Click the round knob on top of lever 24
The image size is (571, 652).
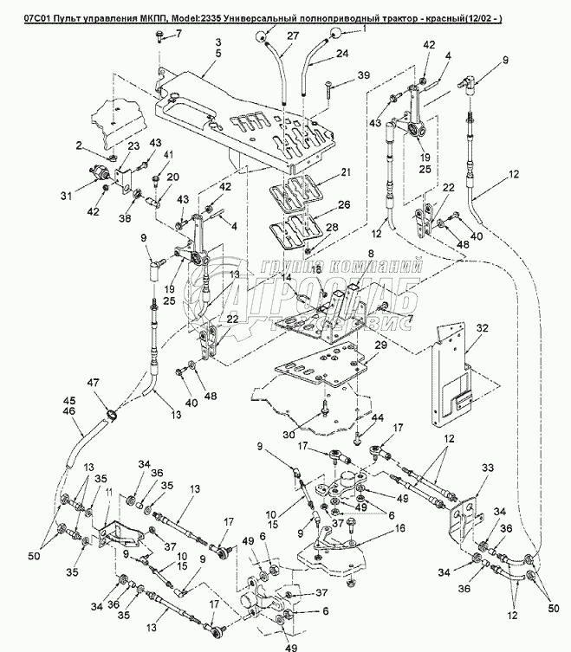332,34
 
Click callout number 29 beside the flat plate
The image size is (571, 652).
380,345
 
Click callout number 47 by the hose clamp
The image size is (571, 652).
92,382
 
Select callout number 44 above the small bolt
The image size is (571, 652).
379,418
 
